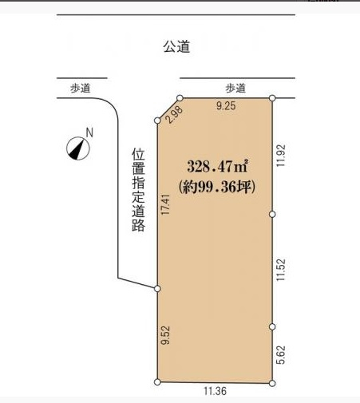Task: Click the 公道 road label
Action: [x=176, y=46]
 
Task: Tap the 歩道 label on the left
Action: [x=81, y=88]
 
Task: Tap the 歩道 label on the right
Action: [x=235, y=88]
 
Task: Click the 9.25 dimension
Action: [x=226, y=105]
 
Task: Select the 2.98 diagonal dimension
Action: [x=175, y=114]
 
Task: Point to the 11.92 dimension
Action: [x=281, y=156]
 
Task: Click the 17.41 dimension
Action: [x=165, y=204]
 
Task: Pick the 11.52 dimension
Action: [x=281, y=270]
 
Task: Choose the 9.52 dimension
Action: [x=165, y=335]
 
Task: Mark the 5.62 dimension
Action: [x=281, y=354]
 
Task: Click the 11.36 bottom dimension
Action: [x=216, y=391]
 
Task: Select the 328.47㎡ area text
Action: [x=218, y=167]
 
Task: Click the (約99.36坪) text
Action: [x=217, y=188]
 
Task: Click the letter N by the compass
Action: [x=89, y=132]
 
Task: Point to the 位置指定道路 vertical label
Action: [x=138, y=189]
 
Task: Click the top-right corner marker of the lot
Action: [x=272, y=98]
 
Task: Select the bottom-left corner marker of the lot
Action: [x=157, y=382]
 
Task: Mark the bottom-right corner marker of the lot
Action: [x=272, y=383]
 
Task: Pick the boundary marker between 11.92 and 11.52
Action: [x=272, y=214]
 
